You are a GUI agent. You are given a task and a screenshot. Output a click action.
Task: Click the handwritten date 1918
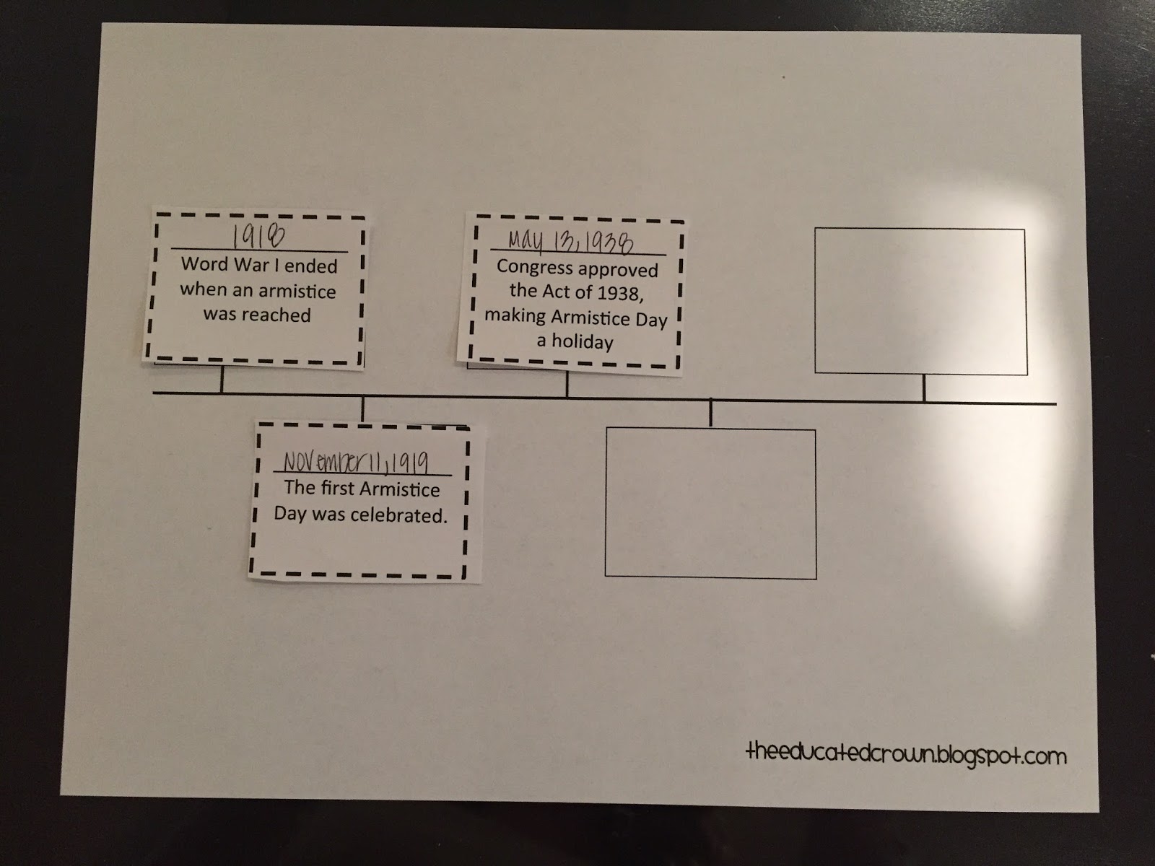(258, 237)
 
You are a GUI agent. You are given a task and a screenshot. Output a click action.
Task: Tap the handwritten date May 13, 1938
(571, 241)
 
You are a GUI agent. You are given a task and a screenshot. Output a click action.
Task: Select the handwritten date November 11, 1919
(356, 462)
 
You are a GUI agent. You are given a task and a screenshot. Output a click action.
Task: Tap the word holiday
(582, 342)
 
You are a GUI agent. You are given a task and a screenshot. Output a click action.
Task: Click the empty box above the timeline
(921, 301)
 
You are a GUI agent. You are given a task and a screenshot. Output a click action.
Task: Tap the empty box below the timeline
(711, 504)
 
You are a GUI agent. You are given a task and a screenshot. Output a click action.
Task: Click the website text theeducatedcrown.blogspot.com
(906, 755)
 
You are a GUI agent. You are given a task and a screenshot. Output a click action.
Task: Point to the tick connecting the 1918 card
(222, 379)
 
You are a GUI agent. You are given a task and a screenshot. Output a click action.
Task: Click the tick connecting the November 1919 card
(362, 409)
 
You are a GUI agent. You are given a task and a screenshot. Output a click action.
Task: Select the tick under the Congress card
(567, 384)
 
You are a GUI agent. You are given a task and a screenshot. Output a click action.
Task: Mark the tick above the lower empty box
(711, 414)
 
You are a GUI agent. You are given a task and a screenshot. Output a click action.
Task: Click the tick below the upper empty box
(924, 388)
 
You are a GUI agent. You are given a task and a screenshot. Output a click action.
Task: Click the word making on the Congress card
(515, 315)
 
